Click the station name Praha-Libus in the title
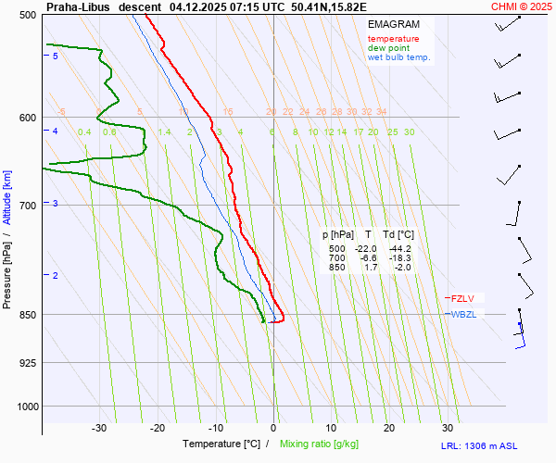[x=78, y=6]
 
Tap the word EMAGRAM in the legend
[x=392, y=24]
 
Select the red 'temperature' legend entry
[x=393, y=39]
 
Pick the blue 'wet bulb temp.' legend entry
[x=399, y=57]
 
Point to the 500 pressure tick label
[x=27, y=15]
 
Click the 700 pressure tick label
[x=27, y=205]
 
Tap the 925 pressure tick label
[x=27, y=362]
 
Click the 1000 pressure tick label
[x=24, y=406]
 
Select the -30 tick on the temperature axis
[x=100, y=428]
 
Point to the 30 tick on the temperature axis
[x=448, y=428]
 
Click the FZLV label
[x=461, y=298]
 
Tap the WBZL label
[x=463, y=315]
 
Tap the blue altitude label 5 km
[x=56, y=56]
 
